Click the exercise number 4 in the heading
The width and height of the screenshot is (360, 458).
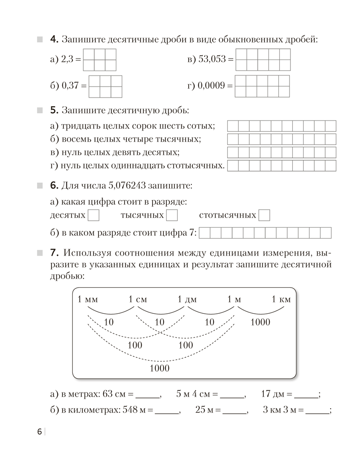[53, 40]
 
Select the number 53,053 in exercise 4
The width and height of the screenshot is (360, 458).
[213, 60]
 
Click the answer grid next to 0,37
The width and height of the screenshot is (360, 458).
[105, 86]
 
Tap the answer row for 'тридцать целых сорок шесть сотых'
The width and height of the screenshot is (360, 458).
[282, 126]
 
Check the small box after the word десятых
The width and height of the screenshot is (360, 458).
[93, 215]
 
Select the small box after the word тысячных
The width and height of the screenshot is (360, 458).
[172, 215]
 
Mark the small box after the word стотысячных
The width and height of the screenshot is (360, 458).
[264, 215]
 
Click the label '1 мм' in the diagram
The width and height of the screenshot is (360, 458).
[88, 300]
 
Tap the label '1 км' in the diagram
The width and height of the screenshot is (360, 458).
[281, 300]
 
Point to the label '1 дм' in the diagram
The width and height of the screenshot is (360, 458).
[187, 300]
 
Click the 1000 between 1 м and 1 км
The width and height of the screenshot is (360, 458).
[260, 322]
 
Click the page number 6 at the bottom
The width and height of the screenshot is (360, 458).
[39, 432]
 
